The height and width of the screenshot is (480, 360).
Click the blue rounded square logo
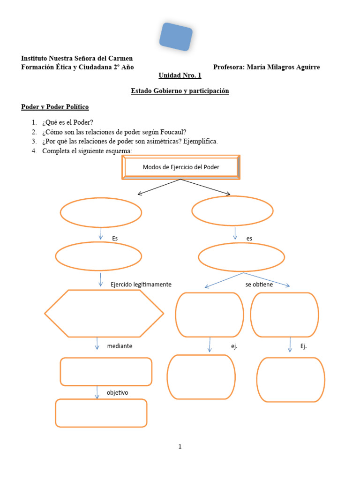176,36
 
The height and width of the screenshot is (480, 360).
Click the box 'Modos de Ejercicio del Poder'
181,167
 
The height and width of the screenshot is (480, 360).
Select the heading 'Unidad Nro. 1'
180,75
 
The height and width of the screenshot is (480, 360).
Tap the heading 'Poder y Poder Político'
55,107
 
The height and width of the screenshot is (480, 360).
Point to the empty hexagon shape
104,314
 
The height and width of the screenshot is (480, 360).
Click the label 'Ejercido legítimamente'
141,285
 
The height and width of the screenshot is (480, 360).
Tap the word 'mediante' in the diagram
120,346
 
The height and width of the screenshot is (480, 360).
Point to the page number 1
180,447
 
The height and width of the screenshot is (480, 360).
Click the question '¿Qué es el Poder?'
68,123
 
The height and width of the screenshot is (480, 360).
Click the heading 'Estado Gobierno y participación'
180,91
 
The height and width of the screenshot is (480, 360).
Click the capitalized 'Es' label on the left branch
115,239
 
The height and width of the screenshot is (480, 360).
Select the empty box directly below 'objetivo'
101,413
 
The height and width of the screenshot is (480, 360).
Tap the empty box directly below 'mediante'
106,372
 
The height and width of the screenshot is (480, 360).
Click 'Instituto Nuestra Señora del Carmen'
77,58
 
